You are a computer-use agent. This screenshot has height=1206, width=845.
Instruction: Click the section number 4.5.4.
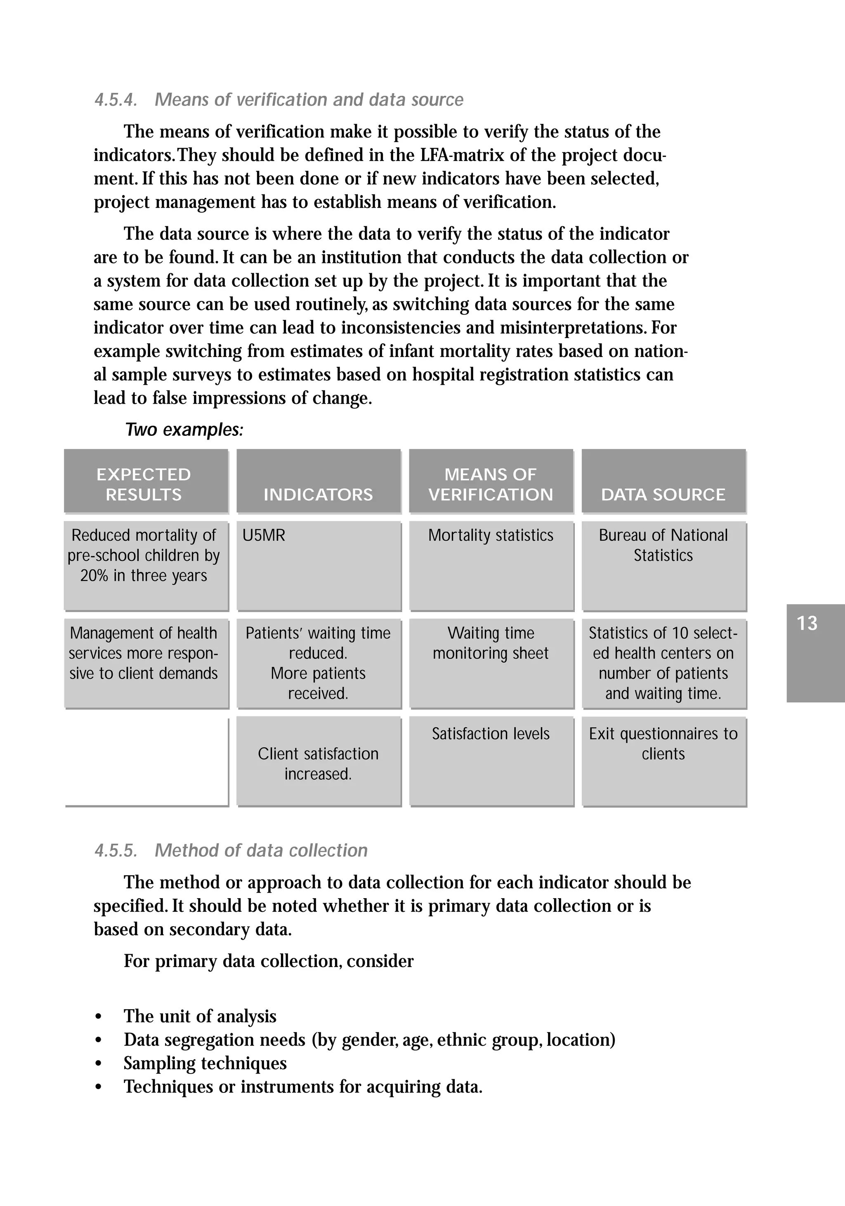point(116,100)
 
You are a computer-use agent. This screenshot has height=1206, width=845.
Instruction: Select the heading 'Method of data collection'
point(261,850)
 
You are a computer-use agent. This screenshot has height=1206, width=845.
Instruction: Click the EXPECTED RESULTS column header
point(144,484)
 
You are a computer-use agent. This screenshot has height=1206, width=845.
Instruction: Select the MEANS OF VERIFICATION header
point(491,484)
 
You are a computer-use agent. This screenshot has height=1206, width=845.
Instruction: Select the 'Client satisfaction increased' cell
point(318,764)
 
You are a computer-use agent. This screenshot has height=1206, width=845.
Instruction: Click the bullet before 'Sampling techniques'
point(98,1064)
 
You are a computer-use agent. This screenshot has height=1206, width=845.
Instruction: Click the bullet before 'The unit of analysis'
point(98,1017)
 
